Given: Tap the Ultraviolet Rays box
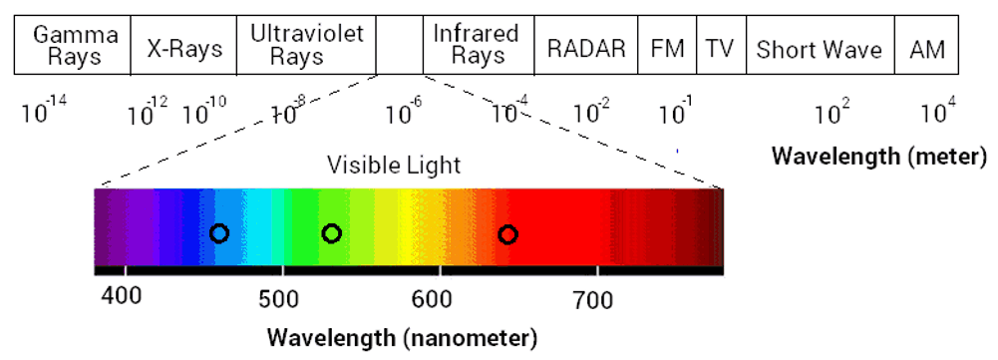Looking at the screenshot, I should coord(306,46).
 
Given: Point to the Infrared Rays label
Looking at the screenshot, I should coord(476,46).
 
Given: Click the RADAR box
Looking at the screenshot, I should coord(586,48).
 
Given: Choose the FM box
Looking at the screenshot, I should coord(667,48).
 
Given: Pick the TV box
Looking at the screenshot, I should coord(719,48).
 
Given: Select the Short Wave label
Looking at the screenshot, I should coord(819,48).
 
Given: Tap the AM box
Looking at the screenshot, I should coord(926,48).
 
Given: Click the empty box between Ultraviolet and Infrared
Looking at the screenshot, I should coord(400,46).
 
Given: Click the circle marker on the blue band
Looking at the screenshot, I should coord(219,233).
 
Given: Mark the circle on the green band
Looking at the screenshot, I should coord(332,233).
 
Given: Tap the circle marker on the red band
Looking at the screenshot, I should coord(507,234).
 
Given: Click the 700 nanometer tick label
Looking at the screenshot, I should coord(597,298).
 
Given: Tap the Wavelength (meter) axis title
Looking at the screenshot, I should coord(879,157).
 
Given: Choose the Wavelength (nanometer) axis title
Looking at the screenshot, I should coord(402,336).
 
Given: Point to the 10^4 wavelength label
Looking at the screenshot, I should coord(936,112).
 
